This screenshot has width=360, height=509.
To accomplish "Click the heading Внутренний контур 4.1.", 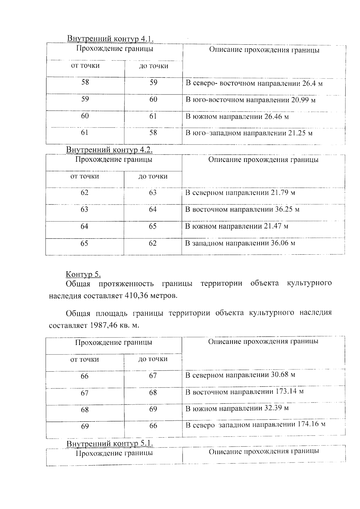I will coord(110,39).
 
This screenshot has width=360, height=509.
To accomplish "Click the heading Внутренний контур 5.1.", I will coord(110,443).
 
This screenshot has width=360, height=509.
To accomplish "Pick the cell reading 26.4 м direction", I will coord(254,83).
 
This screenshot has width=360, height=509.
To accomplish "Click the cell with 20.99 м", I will coord(250,100).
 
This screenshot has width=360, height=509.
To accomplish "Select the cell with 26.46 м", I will coord(237,117).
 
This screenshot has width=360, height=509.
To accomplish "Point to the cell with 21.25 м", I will coord(249,133).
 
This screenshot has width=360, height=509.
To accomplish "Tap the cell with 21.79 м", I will coord(240,193).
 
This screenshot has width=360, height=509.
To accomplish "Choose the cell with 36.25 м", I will coord(242,209).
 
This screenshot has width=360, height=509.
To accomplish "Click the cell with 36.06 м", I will coord(240,243).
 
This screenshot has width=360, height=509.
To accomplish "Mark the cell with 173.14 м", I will coord(244,392).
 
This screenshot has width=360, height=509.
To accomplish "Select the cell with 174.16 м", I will coord(255,425).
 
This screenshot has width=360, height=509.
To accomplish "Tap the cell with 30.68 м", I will coord(240,375).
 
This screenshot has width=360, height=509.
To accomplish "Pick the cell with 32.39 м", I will coord(237,408).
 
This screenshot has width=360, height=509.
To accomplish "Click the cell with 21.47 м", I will coord(237,226).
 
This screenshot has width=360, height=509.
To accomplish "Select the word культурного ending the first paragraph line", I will coord(309,283).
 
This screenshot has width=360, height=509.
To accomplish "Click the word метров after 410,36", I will coord(163,296).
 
